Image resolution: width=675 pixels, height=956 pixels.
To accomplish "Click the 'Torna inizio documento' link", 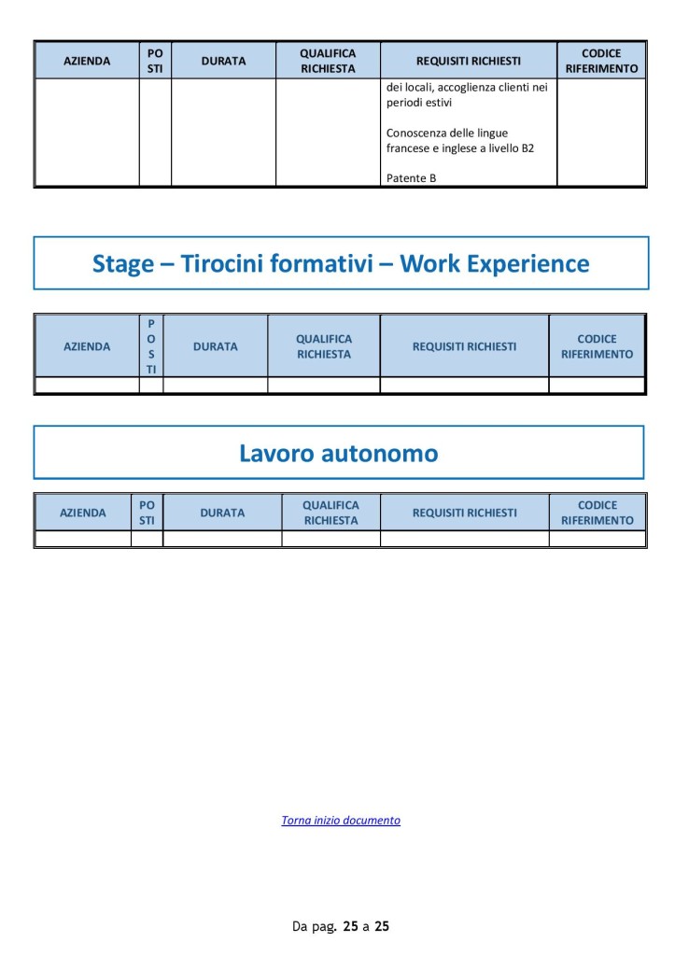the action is pos(341,820).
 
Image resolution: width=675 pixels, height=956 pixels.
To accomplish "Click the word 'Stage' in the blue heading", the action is pos(123,264).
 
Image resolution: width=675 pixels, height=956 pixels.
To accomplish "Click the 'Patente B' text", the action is pos(411,178).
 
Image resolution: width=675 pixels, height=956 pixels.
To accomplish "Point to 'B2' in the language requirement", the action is pos(527,148).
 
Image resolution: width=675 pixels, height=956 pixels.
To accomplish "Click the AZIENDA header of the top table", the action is pos(87,61).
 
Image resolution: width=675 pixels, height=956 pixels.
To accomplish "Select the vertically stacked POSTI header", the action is pos(151,346).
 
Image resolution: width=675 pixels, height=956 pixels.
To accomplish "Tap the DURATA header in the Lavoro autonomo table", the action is pos(222,513).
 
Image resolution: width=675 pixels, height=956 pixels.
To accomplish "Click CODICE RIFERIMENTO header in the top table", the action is pos(601,61).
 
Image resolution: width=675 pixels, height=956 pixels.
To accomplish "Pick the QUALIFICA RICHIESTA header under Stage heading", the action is pos(324,346).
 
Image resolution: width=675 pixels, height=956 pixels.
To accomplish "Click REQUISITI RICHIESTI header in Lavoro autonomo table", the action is pos(465,513).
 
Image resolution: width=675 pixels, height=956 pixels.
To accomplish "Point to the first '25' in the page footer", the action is pos(351,926).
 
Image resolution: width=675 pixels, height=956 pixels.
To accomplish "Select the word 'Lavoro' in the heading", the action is pos(276,454).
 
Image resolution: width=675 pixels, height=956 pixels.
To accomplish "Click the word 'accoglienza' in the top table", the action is pos(467,87).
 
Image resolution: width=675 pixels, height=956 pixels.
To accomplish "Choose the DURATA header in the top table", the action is pos(224,61).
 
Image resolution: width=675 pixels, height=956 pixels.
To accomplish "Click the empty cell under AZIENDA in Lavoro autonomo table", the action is pos(83,539).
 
